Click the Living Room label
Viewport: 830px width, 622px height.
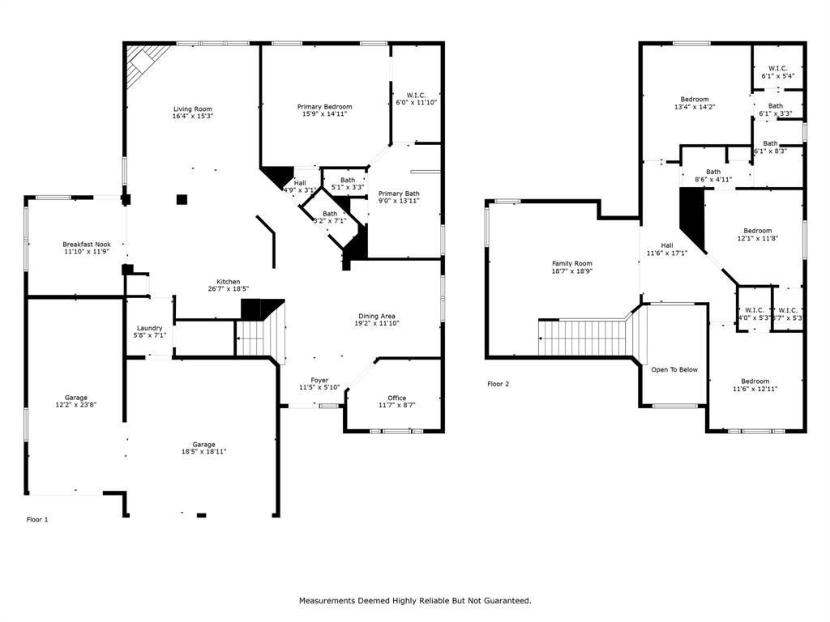coord(193,109)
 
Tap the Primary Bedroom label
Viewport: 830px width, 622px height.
coord(324,107)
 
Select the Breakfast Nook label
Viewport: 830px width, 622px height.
coord(87,244)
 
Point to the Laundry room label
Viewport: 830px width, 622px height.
coord(149,328)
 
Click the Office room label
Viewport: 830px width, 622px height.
coord(396,398)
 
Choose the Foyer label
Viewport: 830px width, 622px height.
coord(319,380)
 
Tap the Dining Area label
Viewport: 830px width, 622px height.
coord(378,316)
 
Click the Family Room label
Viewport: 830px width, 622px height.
coord(572,263)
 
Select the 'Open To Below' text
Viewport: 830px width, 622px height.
coord(674,369)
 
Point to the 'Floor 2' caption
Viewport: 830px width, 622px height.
coord(498,384)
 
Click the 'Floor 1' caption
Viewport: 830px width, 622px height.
coord(37,519)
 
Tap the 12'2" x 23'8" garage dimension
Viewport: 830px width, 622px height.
coord(76,405)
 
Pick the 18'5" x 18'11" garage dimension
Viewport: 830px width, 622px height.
coord(203,451)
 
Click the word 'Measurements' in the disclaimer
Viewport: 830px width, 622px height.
coord(328,600)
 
